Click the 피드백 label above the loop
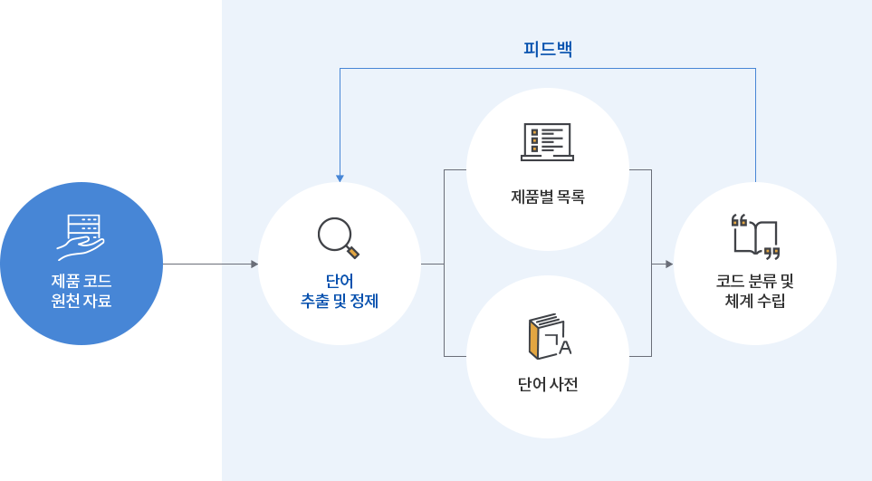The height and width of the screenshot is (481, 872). coord(548,49)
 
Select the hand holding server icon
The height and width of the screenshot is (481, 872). coord(81,237)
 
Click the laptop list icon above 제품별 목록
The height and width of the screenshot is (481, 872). coord(547,142)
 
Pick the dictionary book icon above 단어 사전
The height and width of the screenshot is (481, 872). coord(550,336)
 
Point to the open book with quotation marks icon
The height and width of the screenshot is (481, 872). coord(755,236)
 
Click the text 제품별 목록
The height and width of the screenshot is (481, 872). coord(548,197)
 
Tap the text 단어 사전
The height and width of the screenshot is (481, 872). coord(548,384)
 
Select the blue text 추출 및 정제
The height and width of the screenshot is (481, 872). coord(340,301)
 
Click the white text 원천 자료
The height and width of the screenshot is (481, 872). coord(81,301)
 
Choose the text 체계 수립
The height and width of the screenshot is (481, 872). coord(755,301)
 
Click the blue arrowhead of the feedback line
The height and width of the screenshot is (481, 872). coord(340,178)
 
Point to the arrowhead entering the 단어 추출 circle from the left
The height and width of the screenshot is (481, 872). coord(254,265)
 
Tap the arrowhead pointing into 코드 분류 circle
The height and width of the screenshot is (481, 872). coord(669,265)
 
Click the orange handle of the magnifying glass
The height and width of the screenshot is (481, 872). coord(353,252)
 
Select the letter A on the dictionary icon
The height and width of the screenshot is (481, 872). coord(565,347)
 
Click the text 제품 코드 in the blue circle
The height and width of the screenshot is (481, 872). coord(81,281)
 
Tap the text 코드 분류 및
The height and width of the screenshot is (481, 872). coord(755,281)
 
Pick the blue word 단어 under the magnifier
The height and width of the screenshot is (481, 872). coord(340,281)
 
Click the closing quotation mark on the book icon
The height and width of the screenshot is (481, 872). coord(771,254)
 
